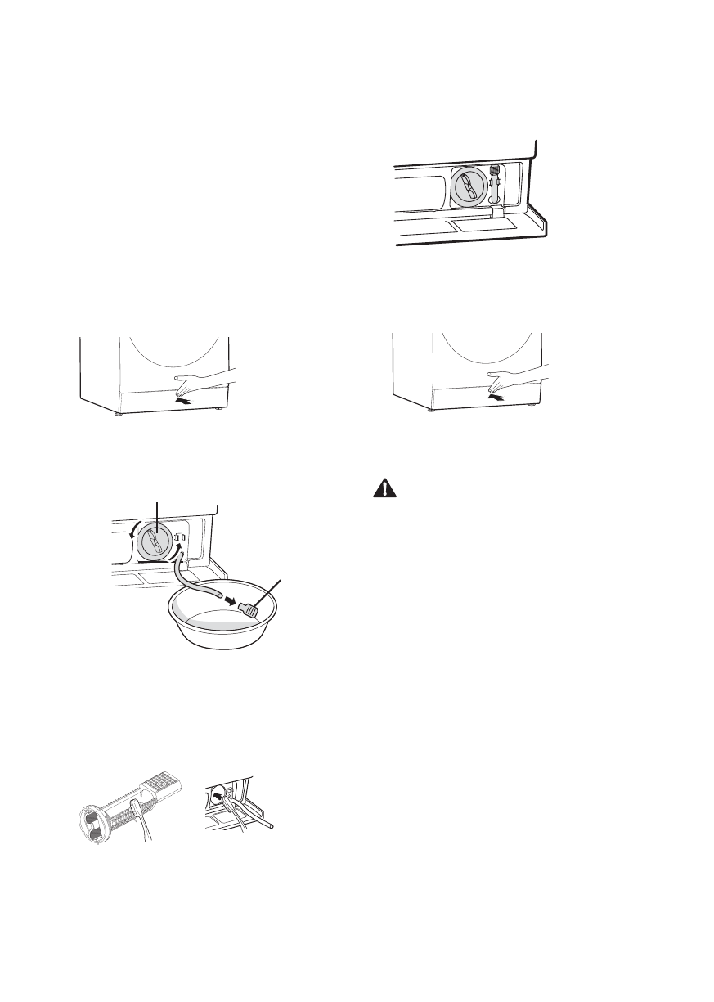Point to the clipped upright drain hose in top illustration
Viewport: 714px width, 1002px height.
495,185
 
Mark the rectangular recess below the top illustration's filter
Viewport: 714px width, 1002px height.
483,221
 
